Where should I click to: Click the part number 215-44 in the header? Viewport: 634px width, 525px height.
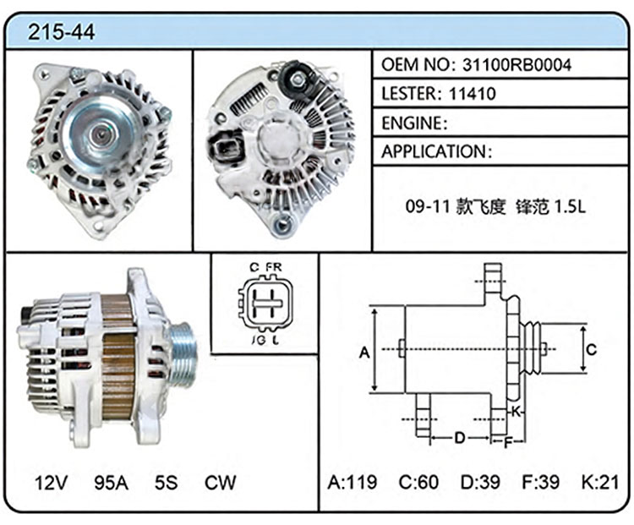pos(61,31)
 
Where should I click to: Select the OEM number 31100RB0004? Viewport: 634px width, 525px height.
pos(516,65)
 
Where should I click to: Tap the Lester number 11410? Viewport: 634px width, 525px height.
pos(473,94)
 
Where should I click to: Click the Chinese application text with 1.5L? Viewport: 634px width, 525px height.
pos(495,206)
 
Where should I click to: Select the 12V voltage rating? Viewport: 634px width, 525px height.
pos(51,482)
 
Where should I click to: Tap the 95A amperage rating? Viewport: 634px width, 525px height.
pos(112,482)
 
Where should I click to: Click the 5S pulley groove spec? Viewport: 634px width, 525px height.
pos(167,482)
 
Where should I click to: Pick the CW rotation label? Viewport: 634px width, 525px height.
pos(220,482)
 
